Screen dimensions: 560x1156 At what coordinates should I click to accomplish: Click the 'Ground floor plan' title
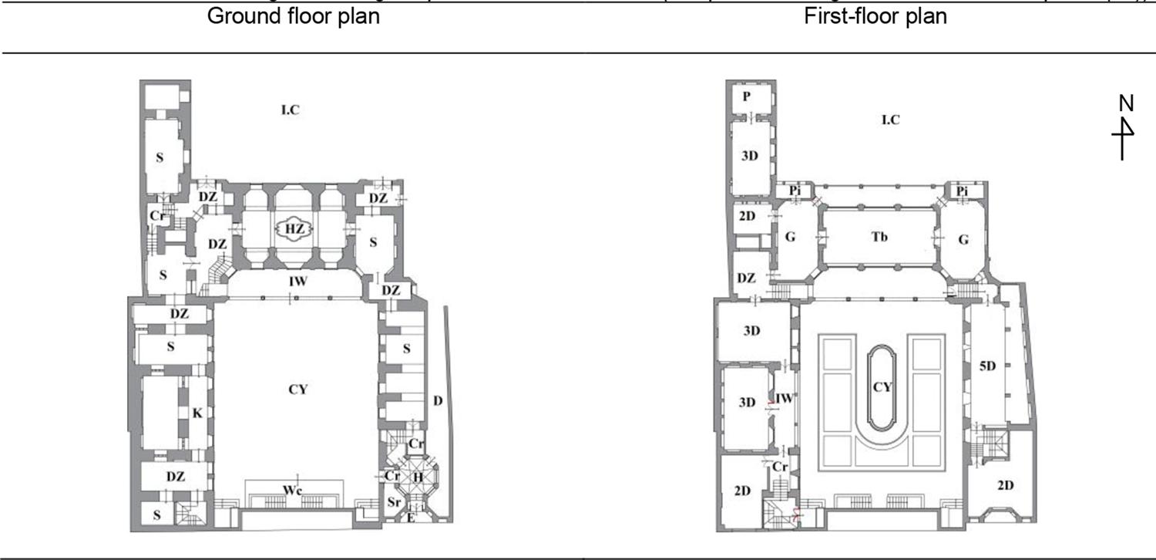(x=293, y=16)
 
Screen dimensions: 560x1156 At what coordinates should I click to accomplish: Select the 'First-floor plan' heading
(x=875, y=16)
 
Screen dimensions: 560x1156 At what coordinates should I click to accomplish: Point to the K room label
(x=197, y=414)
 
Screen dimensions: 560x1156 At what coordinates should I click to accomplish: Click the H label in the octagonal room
(x=418, y=477)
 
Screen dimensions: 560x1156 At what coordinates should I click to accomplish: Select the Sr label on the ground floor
(x=393, y=502)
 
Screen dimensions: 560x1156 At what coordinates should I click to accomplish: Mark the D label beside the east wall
(x=437, y=400)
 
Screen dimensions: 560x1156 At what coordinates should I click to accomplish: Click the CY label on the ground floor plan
(x=297, y=390)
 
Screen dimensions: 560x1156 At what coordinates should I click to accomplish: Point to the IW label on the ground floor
(x=297, y=282)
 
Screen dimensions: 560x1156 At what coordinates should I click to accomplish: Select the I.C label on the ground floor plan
(x=290, y=110)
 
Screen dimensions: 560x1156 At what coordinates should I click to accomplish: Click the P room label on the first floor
(x=746, y=96)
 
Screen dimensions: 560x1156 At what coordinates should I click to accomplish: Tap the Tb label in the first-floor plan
(x=879, y=237)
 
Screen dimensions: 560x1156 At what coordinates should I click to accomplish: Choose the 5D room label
(x=987, y=366)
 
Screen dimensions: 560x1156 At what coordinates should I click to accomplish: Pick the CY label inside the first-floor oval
(x=882, y=386)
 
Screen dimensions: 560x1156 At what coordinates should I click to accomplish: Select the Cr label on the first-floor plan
(x=780, y=467)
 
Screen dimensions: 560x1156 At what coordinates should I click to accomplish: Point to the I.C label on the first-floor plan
(x=890, y=120)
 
